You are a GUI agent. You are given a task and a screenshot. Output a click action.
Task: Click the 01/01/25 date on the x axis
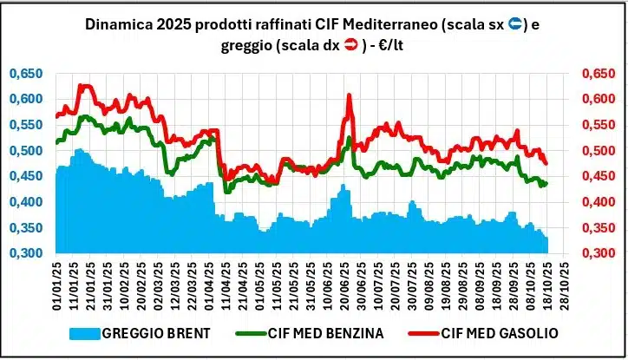[58, 287]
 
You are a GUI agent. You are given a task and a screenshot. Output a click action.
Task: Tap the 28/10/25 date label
[565, 287]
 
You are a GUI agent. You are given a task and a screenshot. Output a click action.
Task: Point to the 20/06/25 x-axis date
[348, 287]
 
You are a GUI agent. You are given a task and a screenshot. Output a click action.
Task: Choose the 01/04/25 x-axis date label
[212, 287]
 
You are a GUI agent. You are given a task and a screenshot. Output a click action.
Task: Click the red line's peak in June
[349, 95]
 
